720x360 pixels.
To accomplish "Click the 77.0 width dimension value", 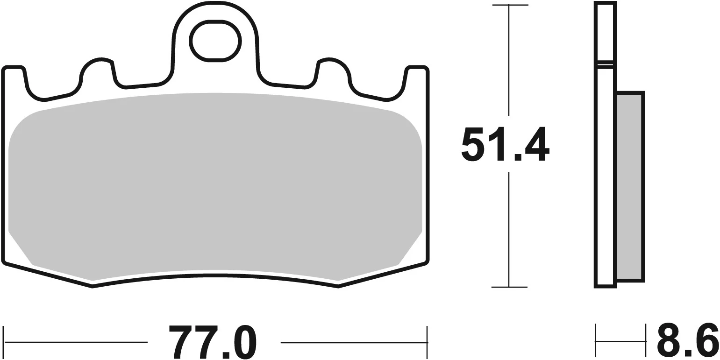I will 214,342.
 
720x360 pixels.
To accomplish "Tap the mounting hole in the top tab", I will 215,41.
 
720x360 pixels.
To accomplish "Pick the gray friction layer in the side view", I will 630,187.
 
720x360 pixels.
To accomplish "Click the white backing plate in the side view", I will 606,187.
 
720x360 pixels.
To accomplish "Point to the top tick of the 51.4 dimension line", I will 509,6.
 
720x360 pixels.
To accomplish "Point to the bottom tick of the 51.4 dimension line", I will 509,287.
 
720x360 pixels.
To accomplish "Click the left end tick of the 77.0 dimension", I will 4,342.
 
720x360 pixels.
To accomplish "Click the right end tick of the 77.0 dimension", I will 427,342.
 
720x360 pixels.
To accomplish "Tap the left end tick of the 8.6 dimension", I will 596,341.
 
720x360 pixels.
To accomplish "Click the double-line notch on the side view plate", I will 606,64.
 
